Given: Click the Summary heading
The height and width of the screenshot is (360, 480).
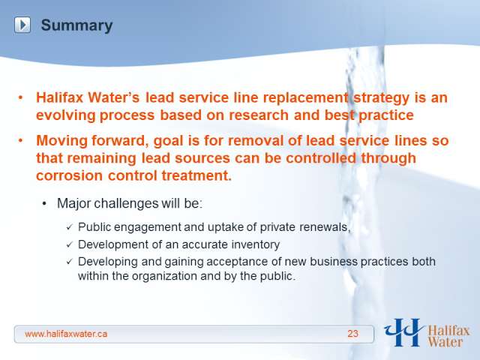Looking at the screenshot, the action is tap(76, 25).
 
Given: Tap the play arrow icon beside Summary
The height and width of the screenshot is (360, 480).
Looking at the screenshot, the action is tap(22, 25).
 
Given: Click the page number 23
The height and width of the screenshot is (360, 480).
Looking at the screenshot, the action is tap(352, 333).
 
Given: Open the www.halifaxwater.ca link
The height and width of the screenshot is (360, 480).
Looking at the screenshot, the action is tap(66, 334).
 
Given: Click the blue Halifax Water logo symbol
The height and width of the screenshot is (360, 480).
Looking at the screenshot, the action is tap(403, 332).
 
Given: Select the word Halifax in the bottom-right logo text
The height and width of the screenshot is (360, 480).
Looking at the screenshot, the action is tap(448, 331).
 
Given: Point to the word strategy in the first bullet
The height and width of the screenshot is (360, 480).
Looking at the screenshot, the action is tap(382, 98).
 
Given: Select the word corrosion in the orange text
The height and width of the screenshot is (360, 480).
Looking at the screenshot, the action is tap(70, 175).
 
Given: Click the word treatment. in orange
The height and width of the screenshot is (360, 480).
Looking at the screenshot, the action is tap(196, 175).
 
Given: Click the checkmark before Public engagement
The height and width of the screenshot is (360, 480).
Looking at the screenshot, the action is tap(70, 227).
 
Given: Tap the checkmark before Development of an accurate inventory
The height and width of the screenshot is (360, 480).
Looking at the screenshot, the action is tap(70, 244).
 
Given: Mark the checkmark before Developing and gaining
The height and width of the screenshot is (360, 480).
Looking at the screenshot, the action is tap(70, 262).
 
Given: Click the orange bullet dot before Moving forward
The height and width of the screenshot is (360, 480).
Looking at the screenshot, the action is tap(20, 140).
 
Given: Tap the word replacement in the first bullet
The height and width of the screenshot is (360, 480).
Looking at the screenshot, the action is tap(305, 98).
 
